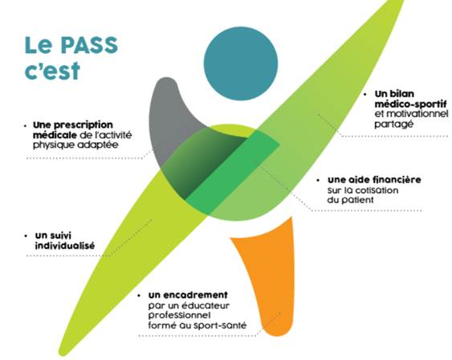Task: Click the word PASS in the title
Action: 90,45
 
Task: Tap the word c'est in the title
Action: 52,71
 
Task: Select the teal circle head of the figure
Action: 241,63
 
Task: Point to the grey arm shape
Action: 167,116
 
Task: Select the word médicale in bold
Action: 55,135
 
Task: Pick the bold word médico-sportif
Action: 411,104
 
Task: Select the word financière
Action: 397,180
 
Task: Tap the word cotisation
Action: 377,190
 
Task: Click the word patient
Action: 357,200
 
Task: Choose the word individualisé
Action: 65,246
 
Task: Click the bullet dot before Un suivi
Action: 26,236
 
